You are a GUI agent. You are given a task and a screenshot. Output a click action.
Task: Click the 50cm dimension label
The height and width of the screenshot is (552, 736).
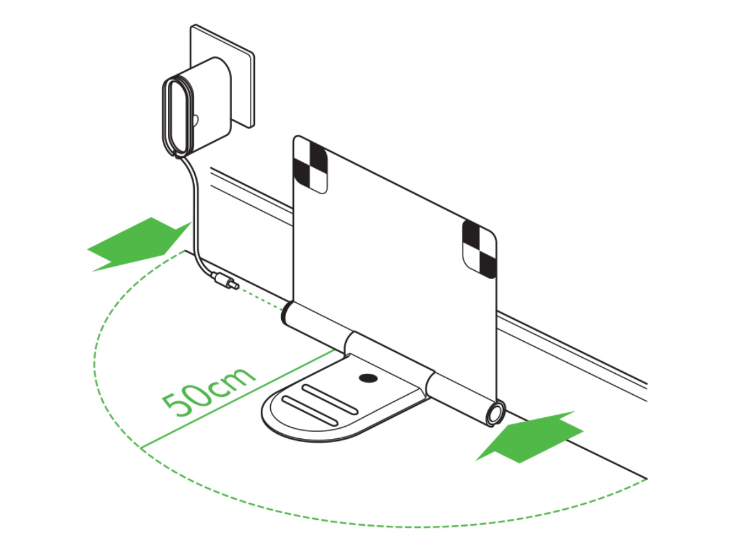point(208,392)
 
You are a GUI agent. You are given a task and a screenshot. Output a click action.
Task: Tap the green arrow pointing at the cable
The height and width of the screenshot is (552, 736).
point(139,244)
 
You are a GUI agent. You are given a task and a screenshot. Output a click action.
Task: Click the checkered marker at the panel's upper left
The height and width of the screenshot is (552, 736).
point(310,166)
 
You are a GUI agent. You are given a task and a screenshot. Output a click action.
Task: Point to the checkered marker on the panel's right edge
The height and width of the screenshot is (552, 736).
point(479,249)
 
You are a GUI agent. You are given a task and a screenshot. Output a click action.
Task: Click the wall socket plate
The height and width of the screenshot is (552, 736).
point(222,75)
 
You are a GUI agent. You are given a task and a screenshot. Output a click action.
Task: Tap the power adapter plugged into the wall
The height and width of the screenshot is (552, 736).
point(197,107)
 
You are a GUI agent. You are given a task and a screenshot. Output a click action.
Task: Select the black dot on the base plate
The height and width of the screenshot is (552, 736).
point(367,378)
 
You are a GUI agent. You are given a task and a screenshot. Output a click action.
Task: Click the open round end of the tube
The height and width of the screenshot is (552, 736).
point(494,414)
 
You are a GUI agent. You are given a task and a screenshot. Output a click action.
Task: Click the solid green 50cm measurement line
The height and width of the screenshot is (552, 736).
point(238,398)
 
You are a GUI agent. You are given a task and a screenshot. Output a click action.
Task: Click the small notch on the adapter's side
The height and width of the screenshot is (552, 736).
point(195,121)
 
